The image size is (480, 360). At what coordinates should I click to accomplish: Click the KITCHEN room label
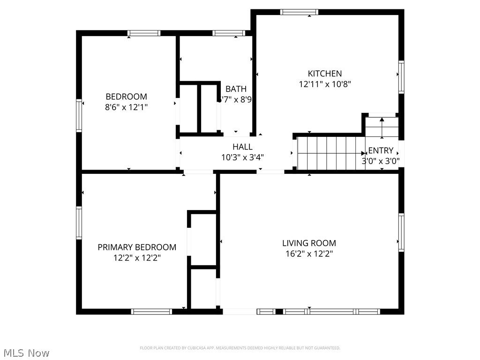tap(324, 74)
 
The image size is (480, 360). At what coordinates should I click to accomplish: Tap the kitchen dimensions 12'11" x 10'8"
tap(324, 84)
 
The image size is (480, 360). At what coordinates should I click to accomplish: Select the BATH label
tap(236, 89)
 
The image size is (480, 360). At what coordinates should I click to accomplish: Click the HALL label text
tap(242, 147)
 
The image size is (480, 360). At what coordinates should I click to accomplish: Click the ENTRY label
tap(381, 150)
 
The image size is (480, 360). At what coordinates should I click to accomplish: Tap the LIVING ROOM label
tap(309, 243)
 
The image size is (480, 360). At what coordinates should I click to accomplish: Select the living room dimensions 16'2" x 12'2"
tap(309, 254)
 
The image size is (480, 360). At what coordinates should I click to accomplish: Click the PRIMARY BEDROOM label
tap(137, 247)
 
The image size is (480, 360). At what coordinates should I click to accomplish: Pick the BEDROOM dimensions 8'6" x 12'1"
tap(126, 107)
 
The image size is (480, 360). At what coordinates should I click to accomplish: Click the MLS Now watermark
tap(26, 352)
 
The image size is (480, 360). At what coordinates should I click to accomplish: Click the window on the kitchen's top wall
tap(299, 12)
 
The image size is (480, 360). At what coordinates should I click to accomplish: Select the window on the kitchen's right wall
tap(401, 77)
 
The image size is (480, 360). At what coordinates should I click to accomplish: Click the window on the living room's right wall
tap(401, 232)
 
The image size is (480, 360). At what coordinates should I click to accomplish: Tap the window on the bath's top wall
tap(228, 33)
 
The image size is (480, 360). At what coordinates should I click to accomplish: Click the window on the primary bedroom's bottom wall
tap(151, 311)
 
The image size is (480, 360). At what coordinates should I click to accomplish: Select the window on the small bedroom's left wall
tap(79, 115)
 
